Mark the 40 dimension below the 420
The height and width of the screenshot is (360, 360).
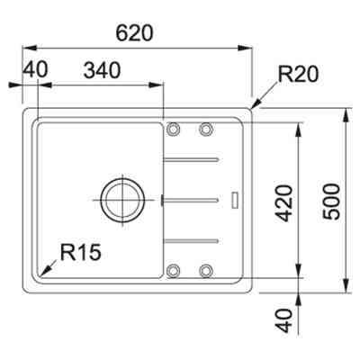[x=282, y=319]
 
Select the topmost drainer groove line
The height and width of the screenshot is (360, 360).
[x=192, y=159]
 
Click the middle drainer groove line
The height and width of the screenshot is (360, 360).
[x=191, y=197]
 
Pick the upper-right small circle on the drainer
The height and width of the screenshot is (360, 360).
[x=206, y=129]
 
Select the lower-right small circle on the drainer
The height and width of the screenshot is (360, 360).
[x=206, y=269]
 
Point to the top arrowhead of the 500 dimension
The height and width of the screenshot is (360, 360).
[x=346, y=112]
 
